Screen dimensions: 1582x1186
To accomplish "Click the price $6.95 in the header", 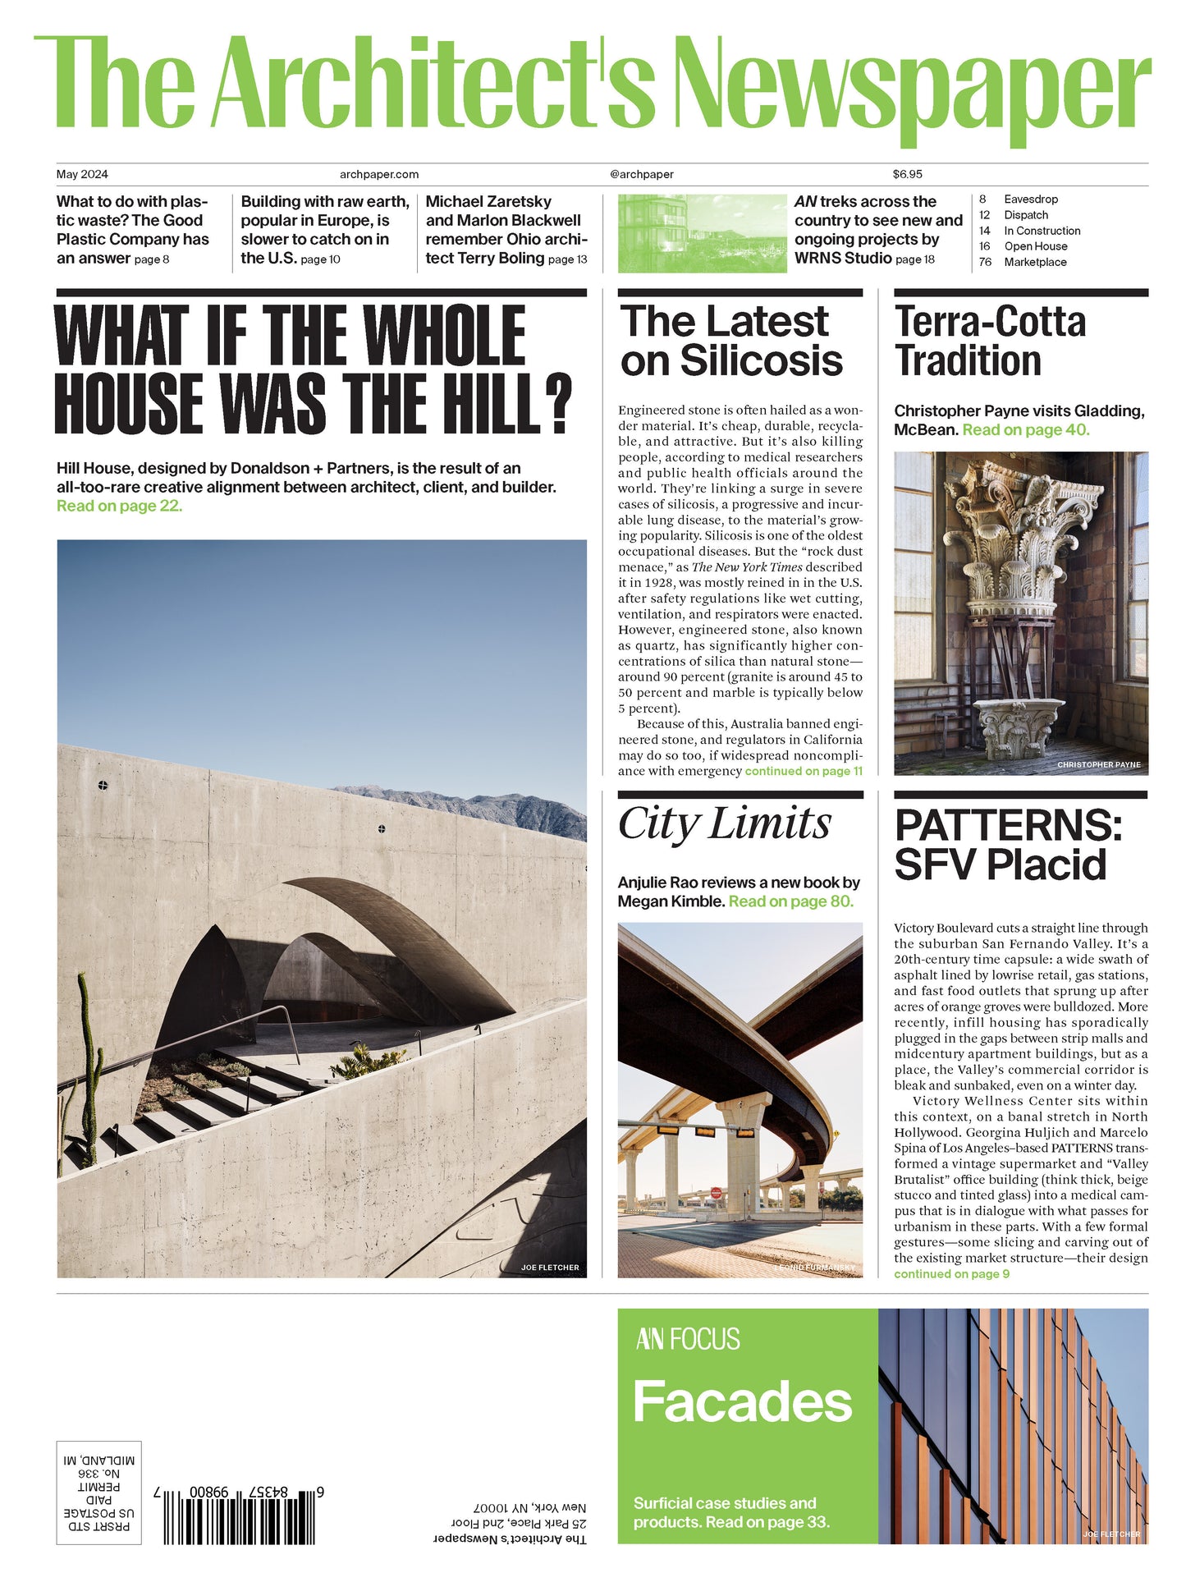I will coord(907,174).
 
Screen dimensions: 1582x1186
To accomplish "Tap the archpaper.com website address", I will coord(379,174).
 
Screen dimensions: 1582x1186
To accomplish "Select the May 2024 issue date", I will coord(82,174).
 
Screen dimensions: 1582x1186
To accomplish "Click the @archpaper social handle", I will coord(642,174).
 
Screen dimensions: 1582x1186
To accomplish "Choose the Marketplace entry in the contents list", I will coord(1035,262).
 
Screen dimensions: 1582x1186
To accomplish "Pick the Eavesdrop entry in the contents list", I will coord(1031,199).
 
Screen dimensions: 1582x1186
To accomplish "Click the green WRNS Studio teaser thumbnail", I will coord(702,233).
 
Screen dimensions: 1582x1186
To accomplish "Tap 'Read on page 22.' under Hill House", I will coord(119,507).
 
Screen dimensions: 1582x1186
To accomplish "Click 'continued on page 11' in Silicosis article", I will coord(804,772).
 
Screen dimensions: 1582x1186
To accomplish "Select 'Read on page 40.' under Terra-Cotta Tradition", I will coord(1026,430).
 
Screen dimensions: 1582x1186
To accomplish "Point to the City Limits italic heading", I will coord(724,823).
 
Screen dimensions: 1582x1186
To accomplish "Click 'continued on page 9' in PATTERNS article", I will coord(951,1274).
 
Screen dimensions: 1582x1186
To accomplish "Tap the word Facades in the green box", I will coord(743,1401).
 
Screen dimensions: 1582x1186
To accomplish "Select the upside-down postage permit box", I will coord(98,1493).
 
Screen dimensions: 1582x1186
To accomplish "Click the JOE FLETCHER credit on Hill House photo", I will coord(550,1268).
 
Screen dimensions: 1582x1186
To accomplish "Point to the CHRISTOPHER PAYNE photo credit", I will coord(1098,764).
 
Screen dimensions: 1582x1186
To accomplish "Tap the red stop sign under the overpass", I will coord(716,1193).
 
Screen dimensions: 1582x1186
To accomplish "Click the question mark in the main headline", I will coord(558,404).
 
